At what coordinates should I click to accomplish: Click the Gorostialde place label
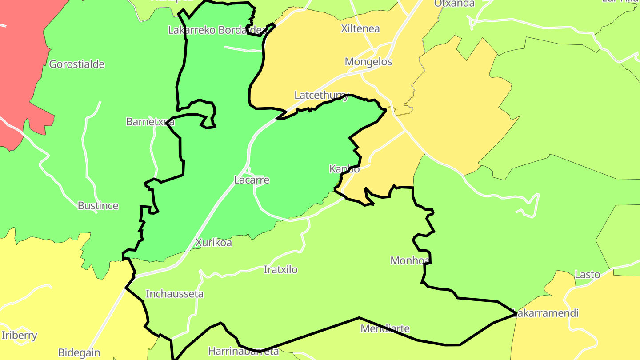point(76,64)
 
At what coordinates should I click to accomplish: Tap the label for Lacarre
point(252,180)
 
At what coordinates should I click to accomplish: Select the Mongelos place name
point(368,61)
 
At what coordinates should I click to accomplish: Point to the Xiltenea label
point(360,29)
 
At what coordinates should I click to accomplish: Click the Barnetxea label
point(150,121)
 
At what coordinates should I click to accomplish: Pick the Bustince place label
point(98,205)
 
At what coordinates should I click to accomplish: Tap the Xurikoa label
point(213,243)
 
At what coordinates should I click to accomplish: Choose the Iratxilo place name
point(280,269)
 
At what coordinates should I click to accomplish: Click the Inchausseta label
point(175,294)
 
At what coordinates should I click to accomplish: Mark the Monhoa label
point(410,260)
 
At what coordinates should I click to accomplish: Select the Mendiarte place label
point(385,328)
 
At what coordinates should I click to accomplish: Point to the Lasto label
point(587,274)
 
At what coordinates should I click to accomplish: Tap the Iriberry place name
point(20,335)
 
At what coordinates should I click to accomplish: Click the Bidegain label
point(79,353)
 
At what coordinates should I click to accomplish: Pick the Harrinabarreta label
point(243,351)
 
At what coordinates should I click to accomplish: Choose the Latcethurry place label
point(322,95)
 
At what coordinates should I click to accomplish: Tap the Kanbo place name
point(344,169)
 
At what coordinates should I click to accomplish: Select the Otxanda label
point(454,4)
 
